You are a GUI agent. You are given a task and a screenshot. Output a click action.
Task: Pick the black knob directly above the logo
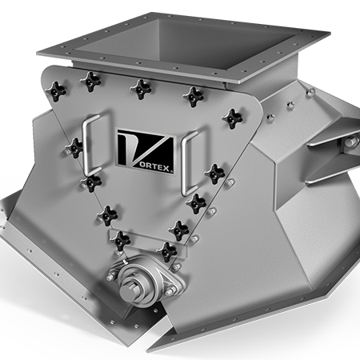pos(140,87)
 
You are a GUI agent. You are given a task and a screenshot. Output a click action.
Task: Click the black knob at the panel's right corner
pos(232,119)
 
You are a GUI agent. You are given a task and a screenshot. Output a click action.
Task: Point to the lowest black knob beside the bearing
pos(167,252)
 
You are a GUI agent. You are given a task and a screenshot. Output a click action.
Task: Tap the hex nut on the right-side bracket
pos(350,143)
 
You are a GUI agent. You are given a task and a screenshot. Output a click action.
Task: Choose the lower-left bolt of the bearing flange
pos(111,277)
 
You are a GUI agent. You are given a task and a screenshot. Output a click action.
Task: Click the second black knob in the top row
pos(90,79)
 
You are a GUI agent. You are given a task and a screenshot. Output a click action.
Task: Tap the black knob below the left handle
pos(92,183)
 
